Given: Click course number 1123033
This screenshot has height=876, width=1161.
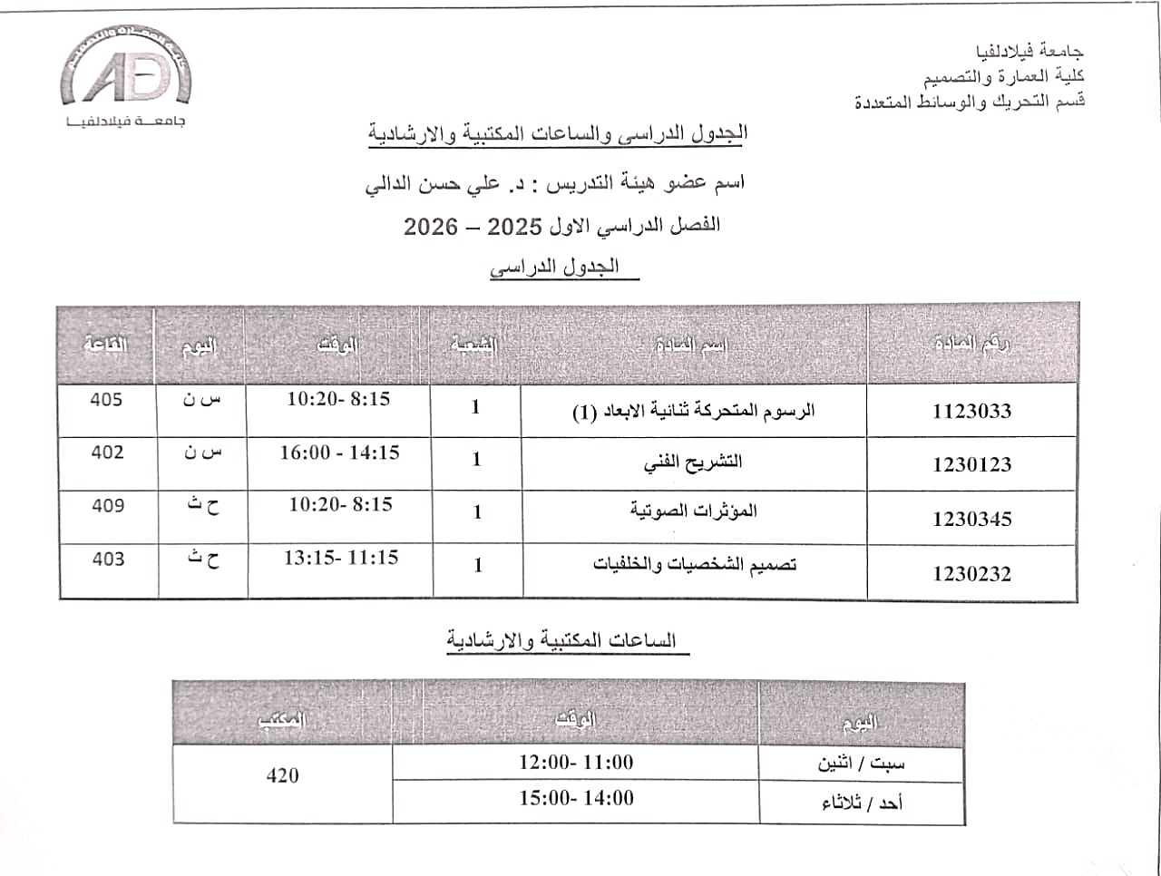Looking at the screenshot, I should click(x=971, y=411).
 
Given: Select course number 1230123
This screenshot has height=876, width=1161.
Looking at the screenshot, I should click(x=971, y=464).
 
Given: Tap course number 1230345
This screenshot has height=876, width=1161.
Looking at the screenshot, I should click(x=971, y=519).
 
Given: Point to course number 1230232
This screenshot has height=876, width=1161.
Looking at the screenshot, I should click(x=971, y=573).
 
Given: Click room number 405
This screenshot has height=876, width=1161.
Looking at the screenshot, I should click(x=106, y=399).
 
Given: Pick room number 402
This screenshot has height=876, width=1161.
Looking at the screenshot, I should click(x=107, y=452).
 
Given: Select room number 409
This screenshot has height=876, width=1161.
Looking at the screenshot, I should click(x=107, y=505).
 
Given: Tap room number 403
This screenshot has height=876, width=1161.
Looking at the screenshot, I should click(x=107, y=559).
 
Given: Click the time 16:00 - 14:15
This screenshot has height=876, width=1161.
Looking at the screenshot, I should click(x=339, y=452).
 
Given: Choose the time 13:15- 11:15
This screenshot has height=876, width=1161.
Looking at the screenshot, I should click(x=340, y=558).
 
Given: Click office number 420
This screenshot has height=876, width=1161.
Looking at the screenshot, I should click(x=282, y=775).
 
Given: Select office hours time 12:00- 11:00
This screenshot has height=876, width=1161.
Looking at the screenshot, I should click(x=576, y=762).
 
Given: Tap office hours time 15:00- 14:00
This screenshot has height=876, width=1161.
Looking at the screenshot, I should click(x=576, y=798).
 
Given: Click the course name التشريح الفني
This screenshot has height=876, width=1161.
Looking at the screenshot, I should click(x=693, y=462).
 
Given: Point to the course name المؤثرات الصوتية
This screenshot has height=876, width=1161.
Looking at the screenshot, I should click(x=693, y=511).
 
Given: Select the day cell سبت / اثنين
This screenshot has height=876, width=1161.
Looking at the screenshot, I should click(x=861, y=764).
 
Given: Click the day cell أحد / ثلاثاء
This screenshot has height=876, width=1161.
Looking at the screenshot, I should click(x=862, y=803).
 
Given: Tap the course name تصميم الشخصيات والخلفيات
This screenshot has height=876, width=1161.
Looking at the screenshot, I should click(x=695, y=564).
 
